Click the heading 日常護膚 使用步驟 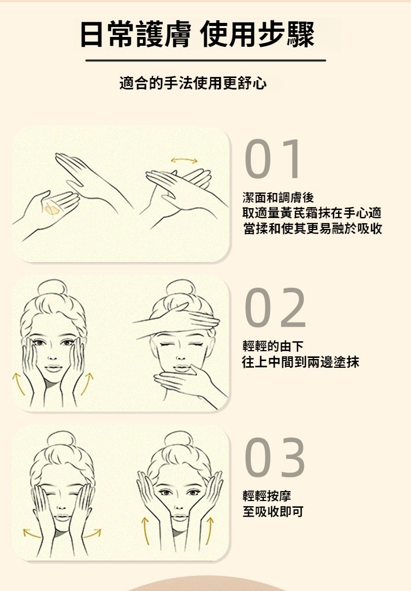pos(197,35)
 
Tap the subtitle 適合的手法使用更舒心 pos(193,83)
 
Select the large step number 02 pos(275,307)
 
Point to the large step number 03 pos(275,457)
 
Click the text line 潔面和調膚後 pos(278,198)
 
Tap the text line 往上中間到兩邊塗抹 pos(301,362)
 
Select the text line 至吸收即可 pos(273,511)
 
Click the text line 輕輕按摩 pos(266,496)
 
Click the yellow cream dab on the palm pos(52,209)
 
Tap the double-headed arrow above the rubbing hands pos(184,161)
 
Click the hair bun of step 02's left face pos(52,287)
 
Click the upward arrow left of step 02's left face pos(18,384)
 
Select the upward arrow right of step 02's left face pos(86,384)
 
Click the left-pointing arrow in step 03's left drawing pos(31,534)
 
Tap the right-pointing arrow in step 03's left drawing pos(93,534)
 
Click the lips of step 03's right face pos(179,517)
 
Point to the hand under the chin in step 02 pos(188,382)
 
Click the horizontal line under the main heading pos(205,60)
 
